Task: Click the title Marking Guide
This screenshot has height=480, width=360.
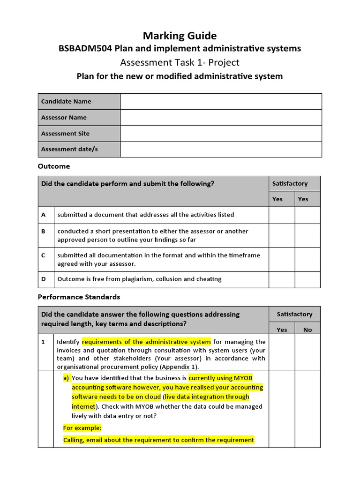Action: coord(180,36)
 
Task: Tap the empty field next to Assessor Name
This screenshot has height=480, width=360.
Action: coord(221,118)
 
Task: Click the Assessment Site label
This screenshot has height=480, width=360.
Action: coord(65,134)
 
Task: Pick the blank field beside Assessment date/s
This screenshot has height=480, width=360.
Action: coord(221,150)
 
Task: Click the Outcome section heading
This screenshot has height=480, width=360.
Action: coord(53,166)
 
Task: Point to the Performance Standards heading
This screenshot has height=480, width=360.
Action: coord(79,297)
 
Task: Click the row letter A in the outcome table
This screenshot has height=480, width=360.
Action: coord(44,215)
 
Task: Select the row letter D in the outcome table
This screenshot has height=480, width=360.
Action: coord(44,279)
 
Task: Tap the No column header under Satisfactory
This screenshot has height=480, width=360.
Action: coord(307,330)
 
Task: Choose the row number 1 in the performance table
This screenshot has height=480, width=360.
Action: coord(43,342)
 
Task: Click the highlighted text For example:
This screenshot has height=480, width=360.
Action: coord(82,427)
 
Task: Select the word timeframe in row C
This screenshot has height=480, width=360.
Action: coord(244,255)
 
